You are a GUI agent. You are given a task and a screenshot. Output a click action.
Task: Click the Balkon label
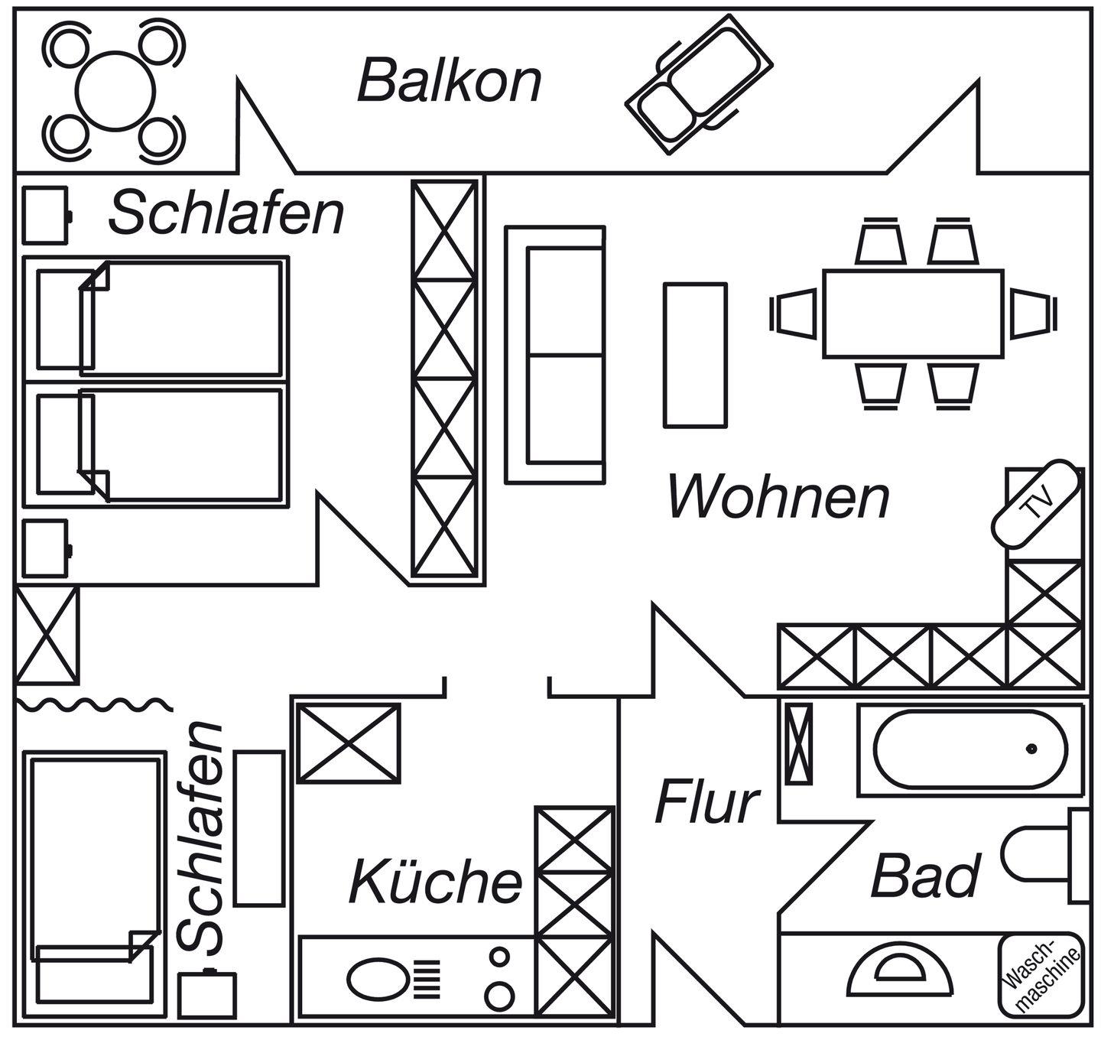(x=450, y=81)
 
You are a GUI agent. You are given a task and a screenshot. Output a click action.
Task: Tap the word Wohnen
(x=778, y=498)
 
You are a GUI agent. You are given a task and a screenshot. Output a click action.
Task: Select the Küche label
(x=436, y=881)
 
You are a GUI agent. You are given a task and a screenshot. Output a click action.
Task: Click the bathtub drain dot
(x=1031, y=748)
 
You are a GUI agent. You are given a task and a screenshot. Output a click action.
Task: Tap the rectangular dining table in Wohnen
(x=913, y=314)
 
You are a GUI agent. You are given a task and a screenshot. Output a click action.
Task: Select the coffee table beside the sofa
(x=695, y=354)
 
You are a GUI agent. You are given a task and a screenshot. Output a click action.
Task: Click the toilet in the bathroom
(x=1040, y=855)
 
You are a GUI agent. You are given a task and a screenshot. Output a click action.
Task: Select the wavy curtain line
(x=92, y=703)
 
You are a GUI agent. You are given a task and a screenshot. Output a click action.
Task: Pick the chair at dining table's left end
(x=794, y=313)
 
